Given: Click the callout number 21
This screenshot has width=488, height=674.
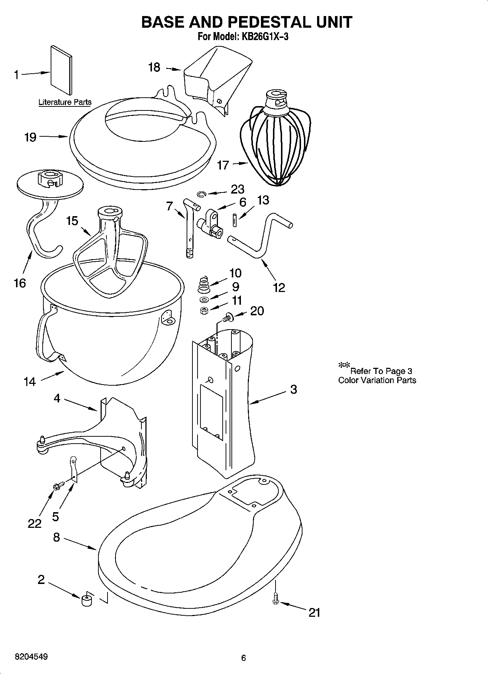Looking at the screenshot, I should click(314, 612).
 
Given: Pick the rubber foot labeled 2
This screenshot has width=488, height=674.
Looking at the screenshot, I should click(86, 600).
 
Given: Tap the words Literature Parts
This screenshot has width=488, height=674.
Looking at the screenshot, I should click(65, 102).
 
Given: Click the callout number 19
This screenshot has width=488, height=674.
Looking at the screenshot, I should click(30, 137).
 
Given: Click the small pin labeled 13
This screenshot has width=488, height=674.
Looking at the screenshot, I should click(235, 220).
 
